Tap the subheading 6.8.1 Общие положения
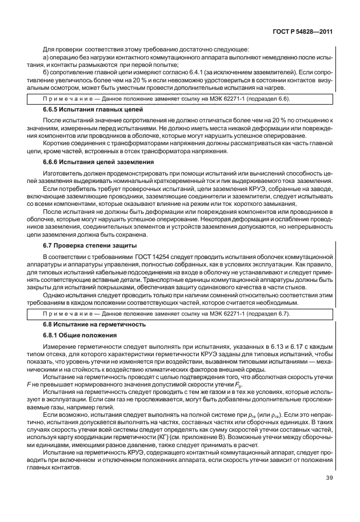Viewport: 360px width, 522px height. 80,335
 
